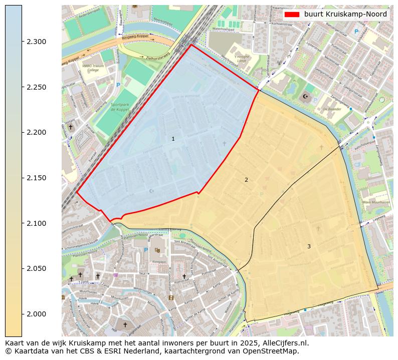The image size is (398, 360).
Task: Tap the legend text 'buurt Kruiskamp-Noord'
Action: click(x=345, y=14)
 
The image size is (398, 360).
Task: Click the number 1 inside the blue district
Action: click(x=173, y=139)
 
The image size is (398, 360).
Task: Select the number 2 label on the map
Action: click(x=246, y=180)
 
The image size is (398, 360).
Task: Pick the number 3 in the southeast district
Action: click(x=309, y=246)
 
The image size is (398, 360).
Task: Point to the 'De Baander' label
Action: click(x=331, y=108)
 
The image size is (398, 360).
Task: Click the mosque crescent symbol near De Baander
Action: click(x=306, y=97)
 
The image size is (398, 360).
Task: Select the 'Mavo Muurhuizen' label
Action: click(x=375, y=202)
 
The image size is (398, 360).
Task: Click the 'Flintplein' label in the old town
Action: click(x=159, y=261)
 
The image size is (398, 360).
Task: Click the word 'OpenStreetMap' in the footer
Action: click(x=273, y=351)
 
